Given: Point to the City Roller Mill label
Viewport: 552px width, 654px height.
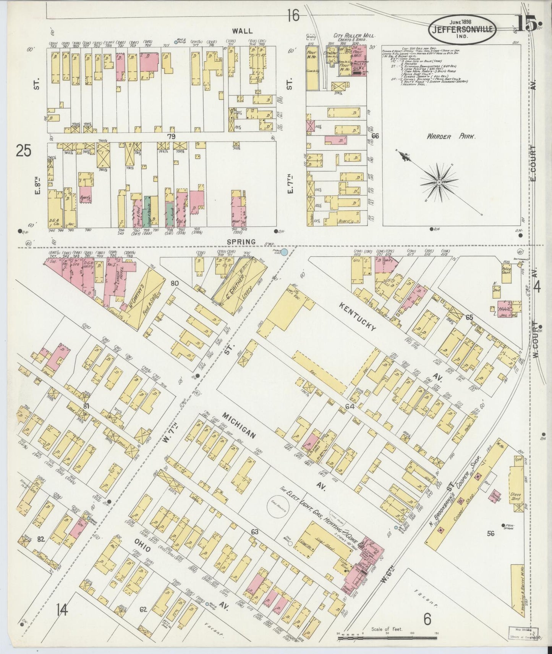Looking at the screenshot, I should click(355, 35).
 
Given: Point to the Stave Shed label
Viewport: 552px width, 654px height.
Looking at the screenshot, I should click(516, 496).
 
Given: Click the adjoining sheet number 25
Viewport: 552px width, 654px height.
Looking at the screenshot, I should click(24, 151).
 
